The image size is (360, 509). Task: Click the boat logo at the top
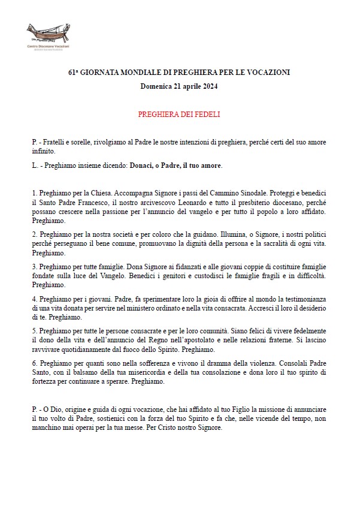[48, 34]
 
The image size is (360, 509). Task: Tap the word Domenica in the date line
[155, 86]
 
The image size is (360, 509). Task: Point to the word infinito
[43, 151]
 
